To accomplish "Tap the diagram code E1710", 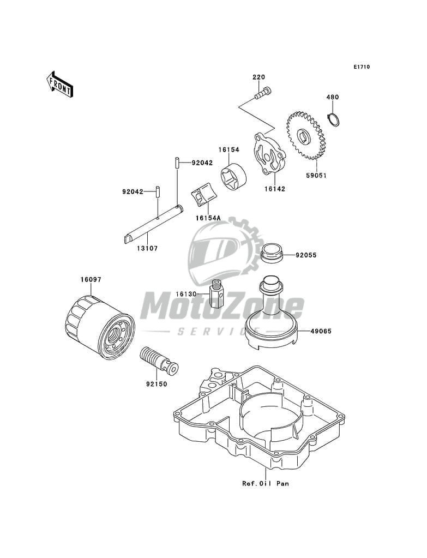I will [x=362, y=67].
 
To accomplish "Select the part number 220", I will [x=258, y=77].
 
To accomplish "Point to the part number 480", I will [x=333, y=97].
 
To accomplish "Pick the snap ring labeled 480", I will [x=333, y=119].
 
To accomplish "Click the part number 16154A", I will [x=209, y=218].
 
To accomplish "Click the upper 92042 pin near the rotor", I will [x=178, y=163].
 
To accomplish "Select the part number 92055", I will [x=306, y=255].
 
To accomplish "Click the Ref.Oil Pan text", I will [x=266, y=483].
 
